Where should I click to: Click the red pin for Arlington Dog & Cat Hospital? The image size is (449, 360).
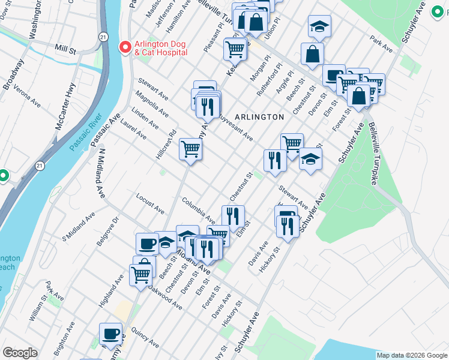click(x=125, y=47)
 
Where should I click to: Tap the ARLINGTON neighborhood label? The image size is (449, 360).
click(x=259, y=117)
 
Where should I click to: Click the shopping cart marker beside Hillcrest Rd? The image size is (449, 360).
click(x=191, y=148)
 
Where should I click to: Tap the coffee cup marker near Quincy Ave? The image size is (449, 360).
click(x=110, y=334)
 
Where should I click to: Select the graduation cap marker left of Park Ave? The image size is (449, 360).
click(x=320, y=26)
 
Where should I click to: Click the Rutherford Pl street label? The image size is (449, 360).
click(x=270, y=80)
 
